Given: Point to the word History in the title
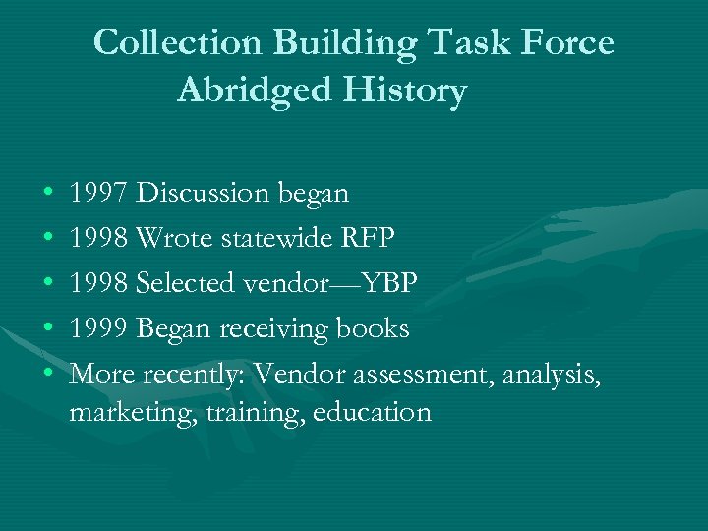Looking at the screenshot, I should click(x=403, y=90).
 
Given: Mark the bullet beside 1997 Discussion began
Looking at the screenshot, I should click(x=48, y=194).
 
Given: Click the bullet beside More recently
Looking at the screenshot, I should click(x=48, y=375).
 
